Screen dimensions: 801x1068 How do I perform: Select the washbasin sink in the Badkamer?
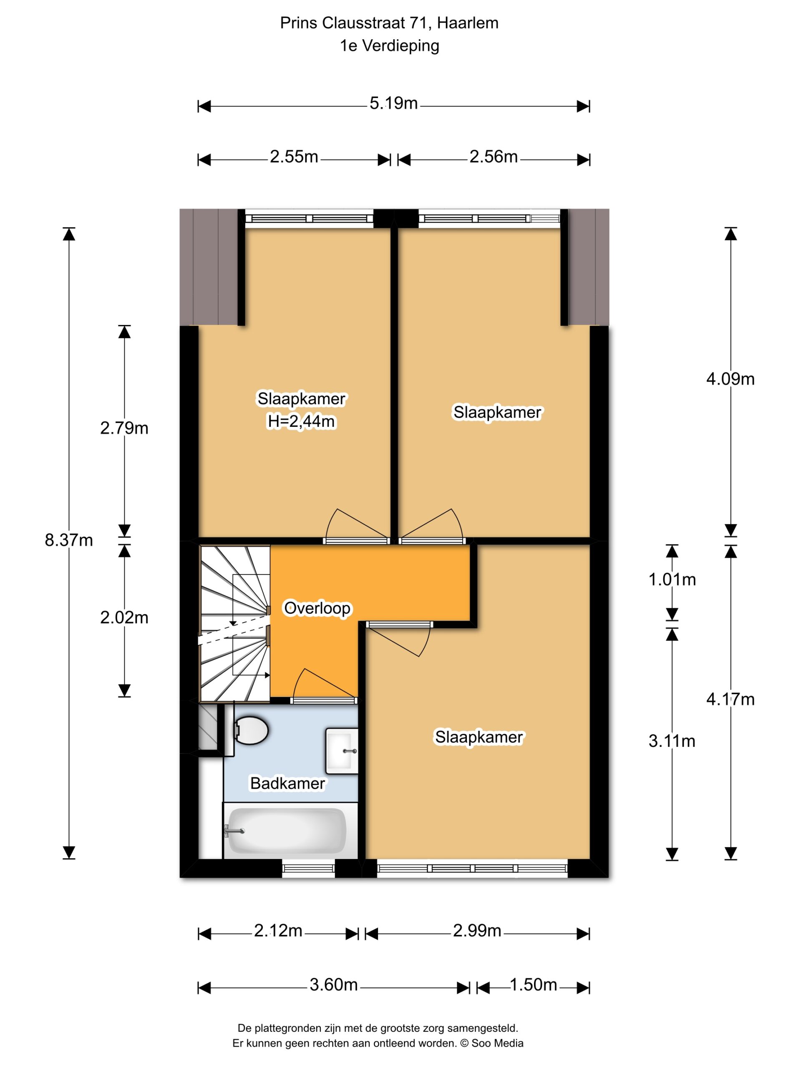click(342, 751)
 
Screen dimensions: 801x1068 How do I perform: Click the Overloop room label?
click(317, 608)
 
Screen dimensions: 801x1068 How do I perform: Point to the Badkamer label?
click(287, 783)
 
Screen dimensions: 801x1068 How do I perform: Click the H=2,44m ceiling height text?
click(301, 421)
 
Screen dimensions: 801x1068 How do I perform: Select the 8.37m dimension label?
click(68, 540)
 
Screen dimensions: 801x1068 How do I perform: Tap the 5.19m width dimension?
click(393, 103)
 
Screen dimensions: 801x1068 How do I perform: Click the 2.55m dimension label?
click(294, 156)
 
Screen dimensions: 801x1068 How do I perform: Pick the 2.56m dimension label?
click(494, 156)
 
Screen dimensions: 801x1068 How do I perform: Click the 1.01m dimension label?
click(672, 579)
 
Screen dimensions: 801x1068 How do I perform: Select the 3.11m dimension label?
click(672, 741)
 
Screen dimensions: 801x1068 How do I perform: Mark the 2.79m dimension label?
click(124, 428)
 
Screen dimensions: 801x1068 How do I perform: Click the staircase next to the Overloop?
click(234, 623)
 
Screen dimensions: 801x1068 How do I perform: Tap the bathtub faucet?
click(234, 831)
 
